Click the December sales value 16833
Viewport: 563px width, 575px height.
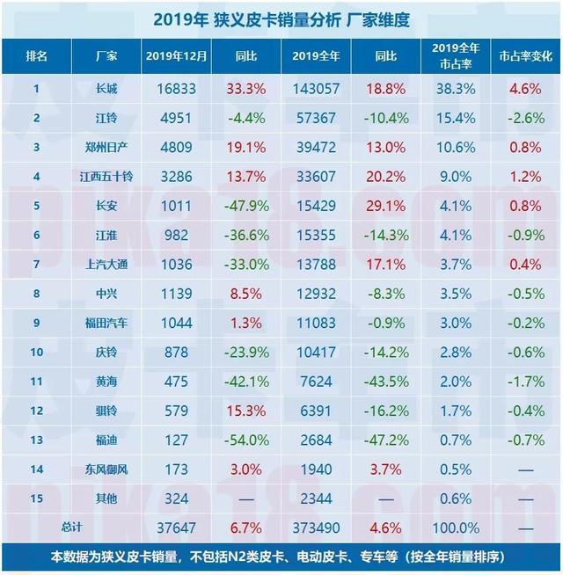(176, 88)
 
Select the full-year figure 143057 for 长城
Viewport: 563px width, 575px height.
(317, 88)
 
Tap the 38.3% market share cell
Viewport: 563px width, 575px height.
(456, 88)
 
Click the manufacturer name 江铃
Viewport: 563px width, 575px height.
(106, 118)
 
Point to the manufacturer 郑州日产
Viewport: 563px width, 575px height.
(106, 147)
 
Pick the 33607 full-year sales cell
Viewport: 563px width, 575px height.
(317, 176)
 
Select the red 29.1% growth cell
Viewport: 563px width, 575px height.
(385, 206)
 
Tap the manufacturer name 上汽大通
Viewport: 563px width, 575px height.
(106, 265)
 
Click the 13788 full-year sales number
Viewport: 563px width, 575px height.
(317, 265)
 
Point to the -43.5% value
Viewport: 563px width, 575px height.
(385, 382)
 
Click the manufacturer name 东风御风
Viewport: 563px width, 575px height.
(106, 469)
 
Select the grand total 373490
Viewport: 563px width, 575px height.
(317, 528)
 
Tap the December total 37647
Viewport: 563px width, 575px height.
(176, 528)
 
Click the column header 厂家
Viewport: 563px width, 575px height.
(106, 55)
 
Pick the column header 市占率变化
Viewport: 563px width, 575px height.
(525, 55)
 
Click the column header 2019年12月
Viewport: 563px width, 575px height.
(176, 55)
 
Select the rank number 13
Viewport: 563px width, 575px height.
(37, 440)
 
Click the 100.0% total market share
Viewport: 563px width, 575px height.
(456, 528)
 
